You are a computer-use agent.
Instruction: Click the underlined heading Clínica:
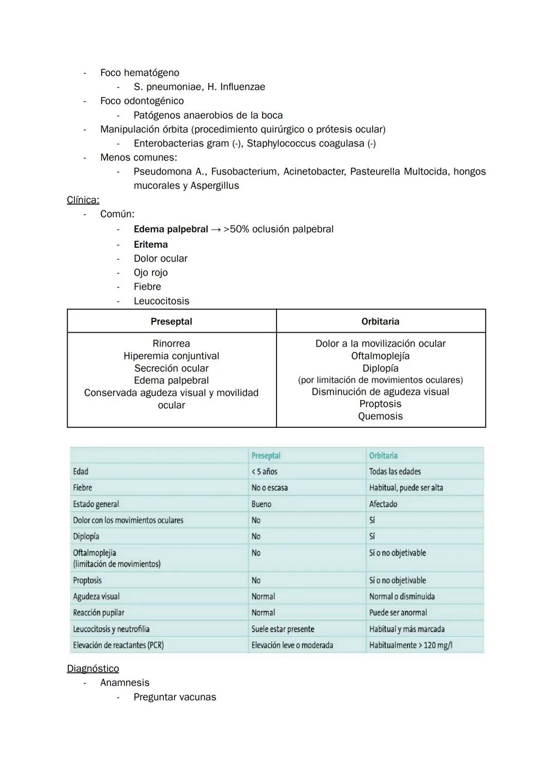click(83, 200)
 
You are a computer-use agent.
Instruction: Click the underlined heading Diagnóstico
click(93, 669)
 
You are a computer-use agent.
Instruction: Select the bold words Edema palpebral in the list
click(171, 229)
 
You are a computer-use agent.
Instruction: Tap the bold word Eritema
click(151, 244)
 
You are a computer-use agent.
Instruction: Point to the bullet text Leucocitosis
click(162, 301)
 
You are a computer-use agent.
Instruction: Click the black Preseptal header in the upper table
click(171, 321)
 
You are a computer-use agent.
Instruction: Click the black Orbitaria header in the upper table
click(380, 321)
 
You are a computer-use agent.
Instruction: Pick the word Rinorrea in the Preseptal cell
click(171, 343)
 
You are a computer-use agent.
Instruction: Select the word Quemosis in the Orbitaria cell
click(380, 416)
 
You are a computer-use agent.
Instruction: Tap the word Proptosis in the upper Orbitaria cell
click(380, 404)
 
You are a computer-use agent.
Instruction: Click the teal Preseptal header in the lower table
click(266, 455)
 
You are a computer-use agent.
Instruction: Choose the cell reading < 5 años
click(264, 471)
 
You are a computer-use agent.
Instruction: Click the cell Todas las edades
click(394, 471)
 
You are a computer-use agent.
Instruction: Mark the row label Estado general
click(96, 504)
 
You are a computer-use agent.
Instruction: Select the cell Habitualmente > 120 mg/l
click(410, 645)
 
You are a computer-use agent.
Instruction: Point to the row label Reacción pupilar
click(98, 613)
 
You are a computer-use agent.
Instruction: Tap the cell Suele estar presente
click(283, 629)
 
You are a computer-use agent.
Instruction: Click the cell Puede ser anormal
click(398, 613)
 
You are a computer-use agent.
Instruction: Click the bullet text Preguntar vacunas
click(175, 697)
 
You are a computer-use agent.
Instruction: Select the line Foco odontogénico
click(142, 101)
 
